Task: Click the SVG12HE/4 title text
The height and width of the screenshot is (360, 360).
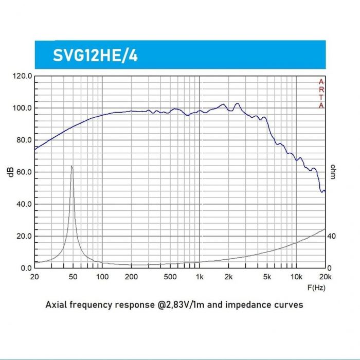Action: [95, 55]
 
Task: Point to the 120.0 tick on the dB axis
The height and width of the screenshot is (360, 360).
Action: [23, 76]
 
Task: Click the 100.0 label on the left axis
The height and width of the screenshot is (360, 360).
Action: [23, 108]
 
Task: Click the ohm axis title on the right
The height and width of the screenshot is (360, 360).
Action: [333, 172]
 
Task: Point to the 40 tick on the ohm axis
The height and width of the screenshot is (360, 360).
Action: [331, 236]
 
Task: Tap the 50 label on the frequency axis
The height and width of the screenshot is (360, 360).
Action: [73, 277]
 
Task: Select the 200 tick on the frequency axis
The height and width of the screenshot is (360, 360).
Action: [131, 277]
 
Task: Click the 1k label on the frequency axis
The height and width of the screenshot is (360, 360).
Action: [199, 277]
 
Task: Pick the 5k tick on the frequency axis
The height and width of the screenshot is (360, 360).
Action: [266, 277]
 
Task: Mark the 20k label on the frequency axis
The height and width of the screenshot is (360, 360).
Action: [324, 277]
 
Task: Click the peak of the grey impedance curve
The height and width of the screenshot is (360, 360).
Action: [71, 167]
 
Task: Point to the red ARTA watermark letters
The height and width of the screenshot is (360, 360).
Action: [321, 94]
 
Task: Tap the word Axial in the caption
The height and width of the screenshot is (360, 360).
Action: [57, 304]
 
